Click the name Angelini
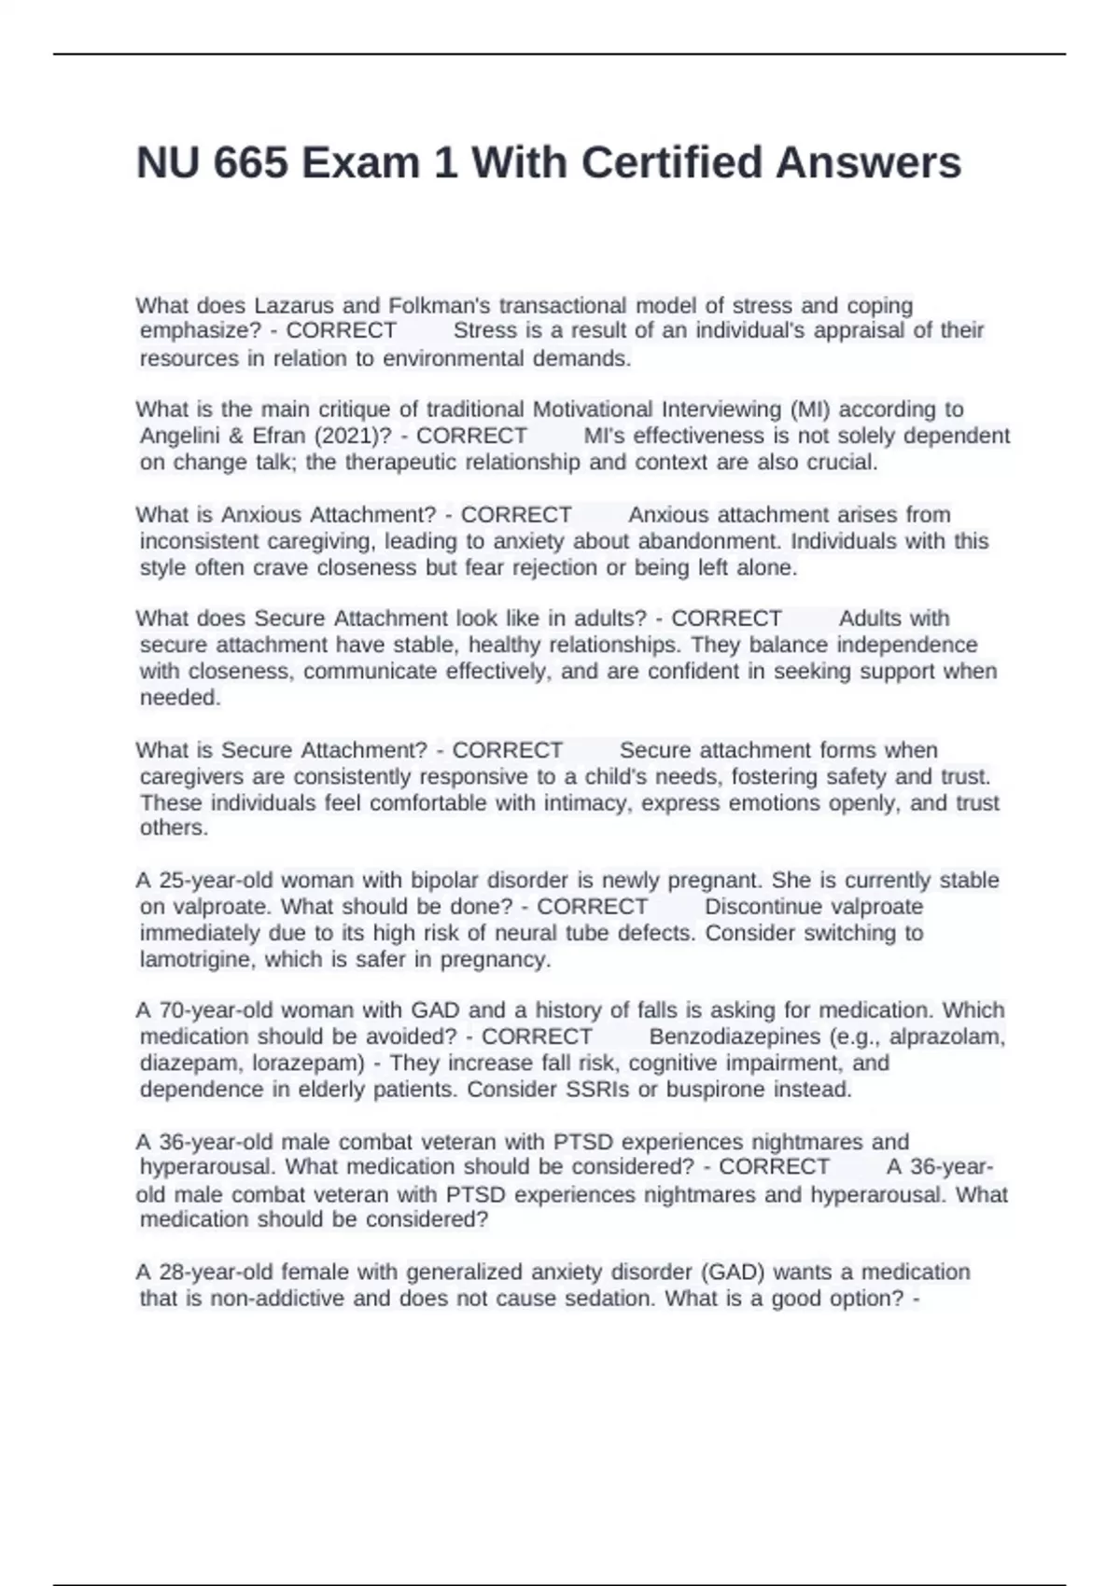[186, 436]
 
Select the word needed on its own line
[180, 697]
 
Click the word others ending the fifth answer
[174, 828]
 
